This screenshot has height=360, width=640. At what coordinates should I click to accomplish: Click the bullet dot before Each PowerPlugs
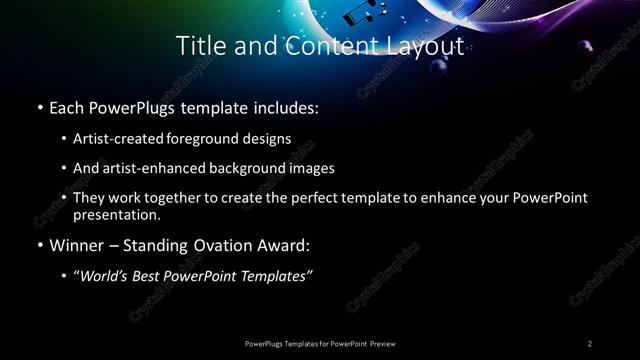tap(39, 105)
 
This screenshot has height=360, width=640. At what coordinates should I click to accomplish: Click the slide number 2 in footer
tap(590, 344)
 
